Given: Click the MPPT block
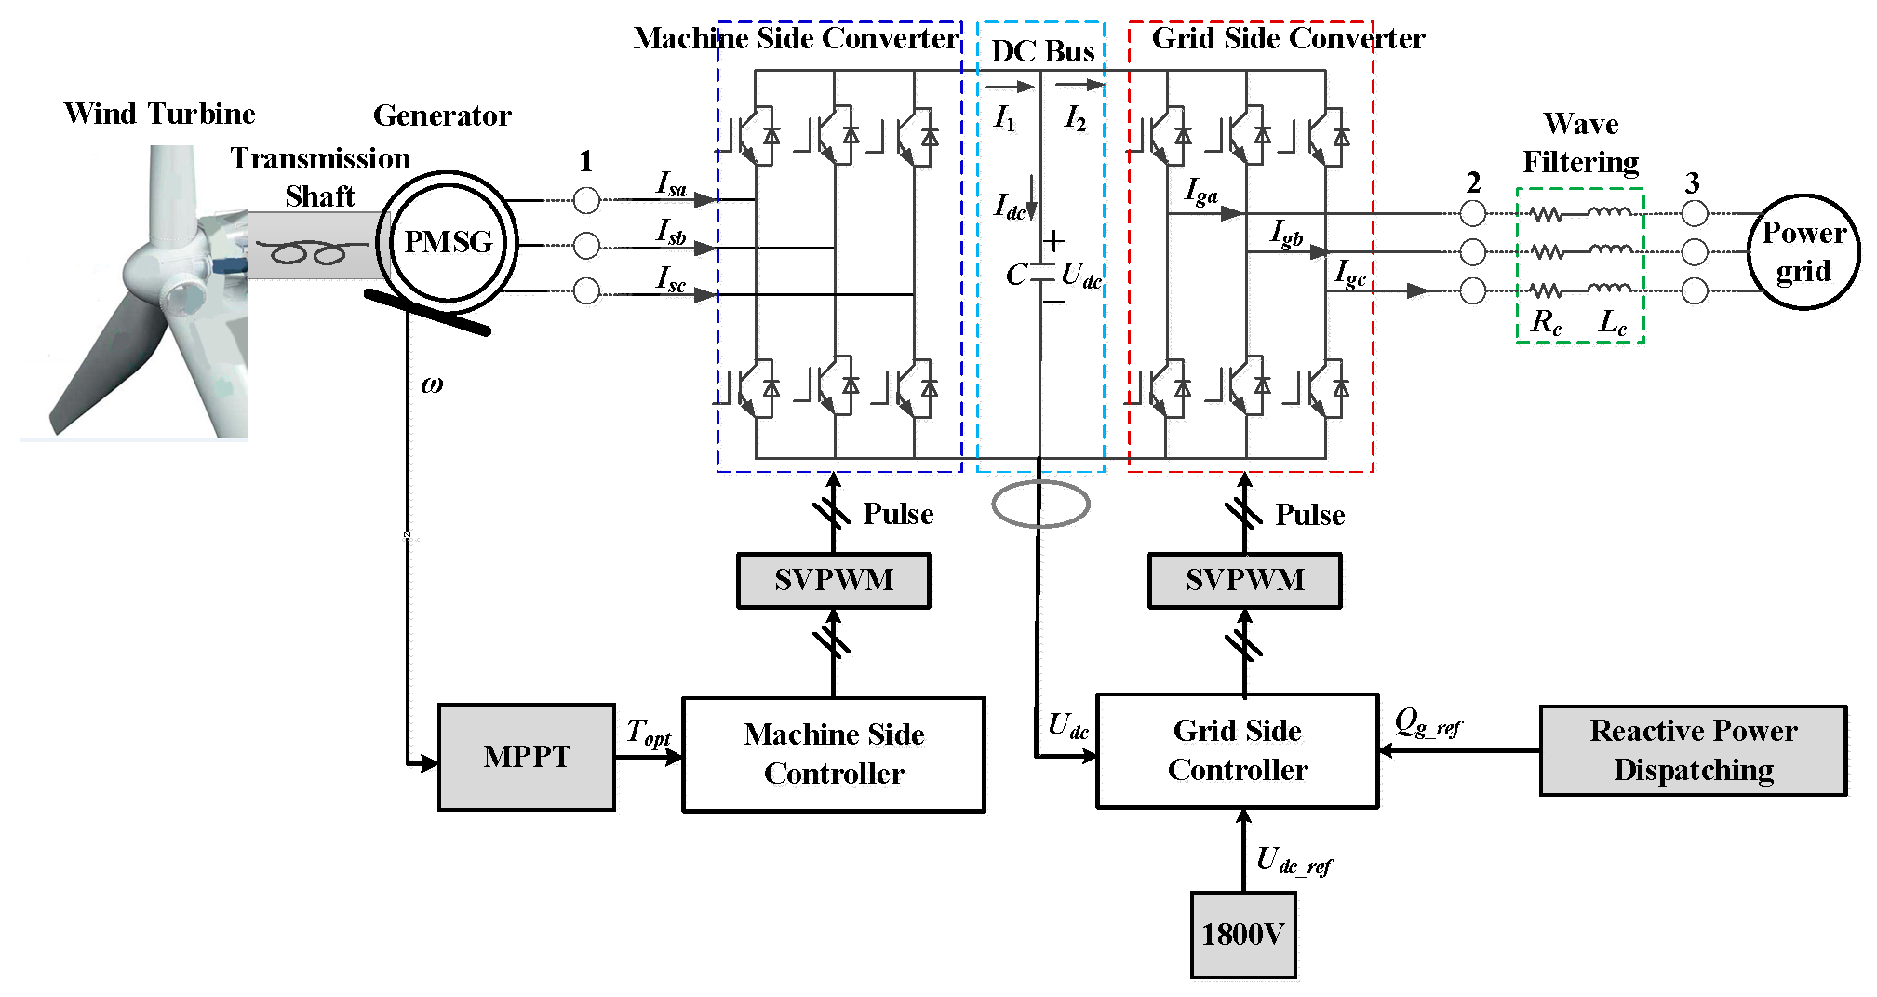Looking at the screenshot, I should pyautogui.click(x=526, y=757).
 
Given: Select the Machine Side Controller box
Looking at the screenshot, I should pyautogui.click(x=834, y=755).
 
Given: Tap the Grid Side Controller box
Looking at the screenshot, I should pyautogui.click(x=1237, y=750).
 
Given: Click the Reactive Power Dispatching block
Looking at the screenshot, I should pyautogui.click(x=1693, y=750).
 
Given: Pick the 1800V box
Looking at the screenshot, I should pyautogui.click(x=1242, y=935).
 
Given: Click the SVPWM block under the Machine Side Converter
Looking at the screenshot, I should pyautogui.click(x=833, y=580).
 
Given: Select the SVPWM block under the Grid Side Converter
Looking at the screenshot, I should pyautogui.click(x=1244, y=580).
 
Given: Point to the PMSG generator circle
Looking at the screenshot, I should pyautogui.click(x=448, y=242).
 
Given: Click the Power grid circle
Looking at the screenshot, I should pyautogui.click(x=1803, y=252).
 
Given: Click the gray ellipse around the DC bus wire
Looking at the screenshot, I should pyautogui.click(x=1039, y=505).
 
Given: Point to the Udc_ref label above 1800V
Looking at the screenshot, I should pyautogui.click(x=1294, y=861).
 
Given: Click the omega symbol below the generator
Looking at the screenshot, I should pyautogui.click(x=432, y=384).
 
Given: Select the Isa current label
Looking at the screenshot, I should pyautogui.click(x=671, y=183).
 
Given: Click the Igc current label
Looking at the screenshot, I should pyautogui.click(x=1350, y=273).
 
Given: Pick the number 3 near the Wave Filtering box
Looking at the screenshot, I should pyautogui.click(x=1693, y=182).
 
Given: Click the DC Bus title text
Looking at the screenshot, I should pyautogui.click(x=1042, y=51).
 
